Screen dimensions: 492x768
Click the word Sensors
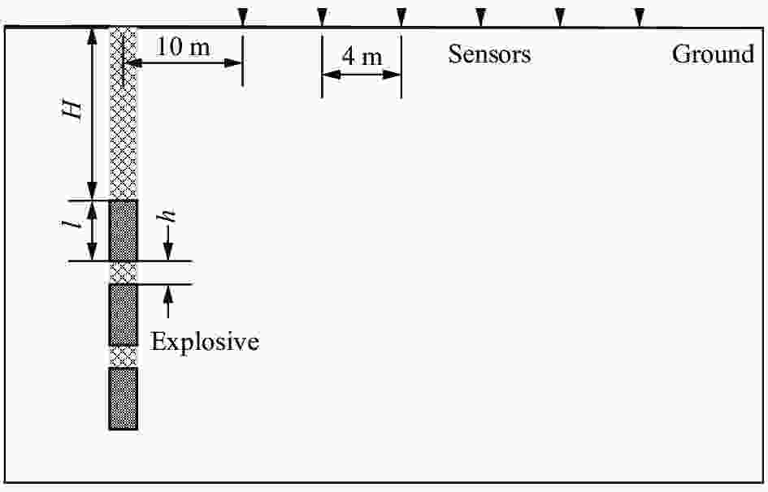pos(489,54)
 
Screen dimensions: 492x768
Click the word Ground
pos(713,54)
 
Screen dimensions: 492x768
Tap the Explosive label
pos(206,342)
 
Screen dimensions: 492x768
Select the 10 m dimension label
pos(183,47)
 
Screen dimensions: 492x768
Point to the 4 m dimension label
pos(362,57)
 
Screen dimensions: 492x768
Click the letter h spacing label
pos(168,218)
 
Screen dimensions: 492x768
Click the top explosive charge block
pos(123,230)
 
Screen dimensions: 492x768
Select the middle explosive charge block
pos(123,315)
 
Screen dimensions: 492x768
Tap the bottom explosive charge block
pos(123,398)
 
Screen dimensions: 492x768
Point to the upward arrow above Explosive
pos(168,302)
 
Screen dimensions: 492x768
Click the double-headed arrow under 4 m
pos(362,75)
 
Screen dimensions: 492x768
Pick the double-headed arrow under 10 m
pos(186,63)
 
